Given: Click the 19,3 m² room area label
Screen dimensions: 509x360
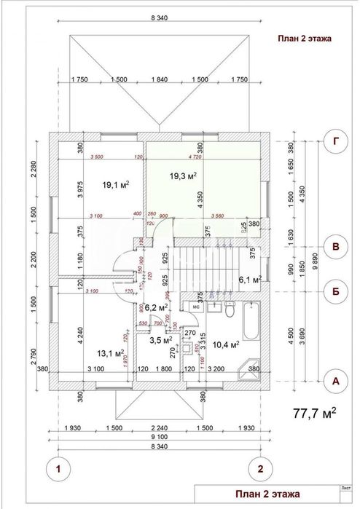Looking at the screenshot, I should [181, 176].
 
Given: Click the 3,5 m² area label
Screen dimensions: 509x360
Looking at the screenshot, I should [160, 339].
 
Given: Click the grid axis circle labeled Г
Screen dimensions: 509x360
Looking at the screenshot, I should [335, 143].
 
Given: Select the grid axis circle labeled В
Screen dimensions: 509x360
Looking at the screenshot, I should [335, 247].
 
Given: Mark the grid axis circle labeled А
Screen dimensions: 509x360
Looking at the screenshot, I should [335, 381].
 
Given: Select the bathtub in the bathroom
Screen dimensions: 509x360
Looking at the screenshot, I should [250, 325].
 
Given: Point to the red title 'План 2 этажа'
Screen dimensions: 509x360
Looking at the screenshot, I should [303, 40].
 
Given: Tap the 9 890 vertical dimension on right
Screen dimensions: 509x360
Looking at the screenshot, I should [315, 261].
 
